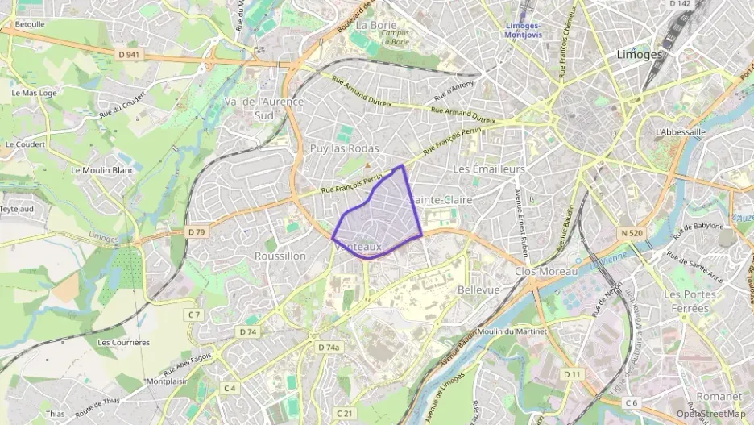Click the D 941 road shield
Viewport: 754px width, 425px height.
[128, 55]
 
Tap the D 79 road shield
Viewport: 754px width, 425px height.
[197, 232]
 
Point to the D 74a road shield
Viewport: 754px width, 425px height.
[328, 347]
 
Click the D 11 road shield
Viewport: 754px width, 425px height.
[573, 374]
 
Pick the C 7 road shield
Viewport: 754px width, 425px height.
[193, 314]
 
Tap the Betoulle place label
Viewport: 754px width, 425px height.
[30, 24]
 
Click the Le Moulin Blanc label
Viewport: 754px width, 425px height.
[104, 170]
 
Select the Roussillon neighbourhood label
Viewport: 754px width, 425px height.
[280, 256]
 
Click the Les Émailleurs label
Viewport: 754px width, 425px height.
[489, 169]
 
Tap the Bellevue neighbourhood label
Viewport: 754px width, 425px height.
[478, 290]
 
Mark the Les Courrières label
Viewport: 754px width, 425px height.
[123, 342]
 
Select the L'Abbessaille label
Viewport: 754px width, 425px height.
[681, 131]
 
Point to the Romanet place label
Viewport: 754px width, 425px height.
[719, 397]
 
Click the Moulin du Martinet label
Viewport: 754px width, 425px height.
[512, 332]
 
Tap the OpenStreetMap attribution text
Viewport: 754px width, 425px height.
[710, 414]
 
